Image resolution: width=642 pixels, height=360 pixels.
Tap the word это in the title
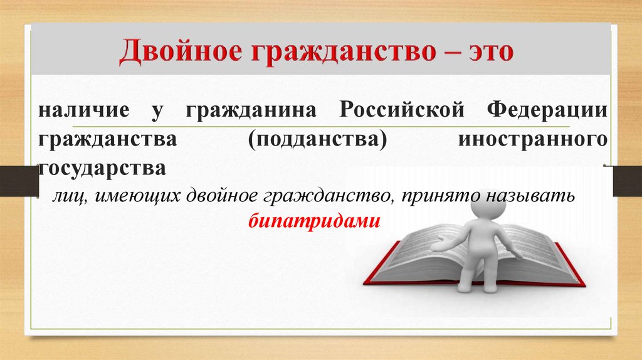490,52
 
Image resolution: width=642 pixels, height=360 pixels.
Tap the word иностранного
533,139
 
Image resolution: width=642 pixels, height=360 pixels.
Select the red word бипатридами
314,221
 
